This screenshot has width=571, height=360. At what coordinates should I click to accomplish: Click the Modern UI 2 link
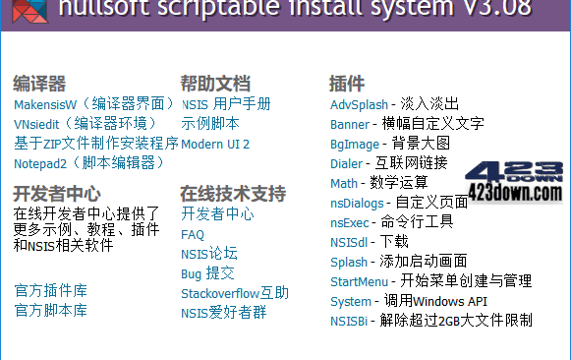pyautogui.click(x=215, y=144)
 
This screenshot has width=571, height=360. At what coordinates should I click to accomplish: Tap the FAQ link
pyautogui.click(x=193, y=234)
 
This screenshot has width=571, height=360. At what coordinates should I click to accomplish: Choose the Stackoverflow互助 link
pyautogui.click(x=235, y=293)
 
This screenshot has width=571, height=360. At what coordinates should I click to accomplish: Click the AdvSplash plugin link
pyautogui.click(x=359, y=103)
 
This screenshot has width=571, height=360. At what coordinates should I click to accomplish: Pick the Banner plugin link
pyautogui.click(x=350, y=124)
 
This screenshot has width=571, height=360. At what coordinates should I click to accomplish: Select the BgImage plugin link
pyautogui.click(x=354, y=144)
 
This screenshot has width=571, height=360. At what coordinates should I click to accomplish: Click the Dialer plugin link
pyautogui.click(x=346, y=163)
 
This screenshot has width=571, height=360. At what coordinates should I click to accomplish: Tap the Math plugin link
pyautogui.click(x=344, y=183)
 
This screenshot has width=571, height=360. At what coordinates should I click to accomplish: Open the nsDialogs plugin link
pyautogui.click(x=358, y=203)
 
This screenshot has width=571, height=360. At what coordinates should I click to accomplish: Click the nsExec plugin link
pyautogui.click(x=350, y=222)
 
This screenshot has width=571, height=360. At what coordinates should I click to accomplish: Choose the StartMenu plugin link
pyautogui.click(x=359, y=281)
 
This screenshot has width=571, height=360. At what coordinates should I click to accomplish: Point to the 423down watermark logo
pyautogui.click(x=517, y=177)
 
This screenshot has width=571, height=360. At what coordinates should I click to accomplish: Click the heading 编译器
pyautogui.click(x=39, y=84)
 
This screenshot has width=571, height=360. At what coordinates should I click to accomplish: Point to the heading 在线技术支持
pyautogui.click(x=233, y=192)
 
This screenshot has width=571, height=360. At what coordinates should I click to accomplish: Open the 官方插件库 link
pyautogui.click(x=50, y=290)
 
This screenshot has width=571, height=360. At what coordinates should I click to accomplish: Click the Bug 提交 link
pyautogui.click(x=207, y=273)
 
